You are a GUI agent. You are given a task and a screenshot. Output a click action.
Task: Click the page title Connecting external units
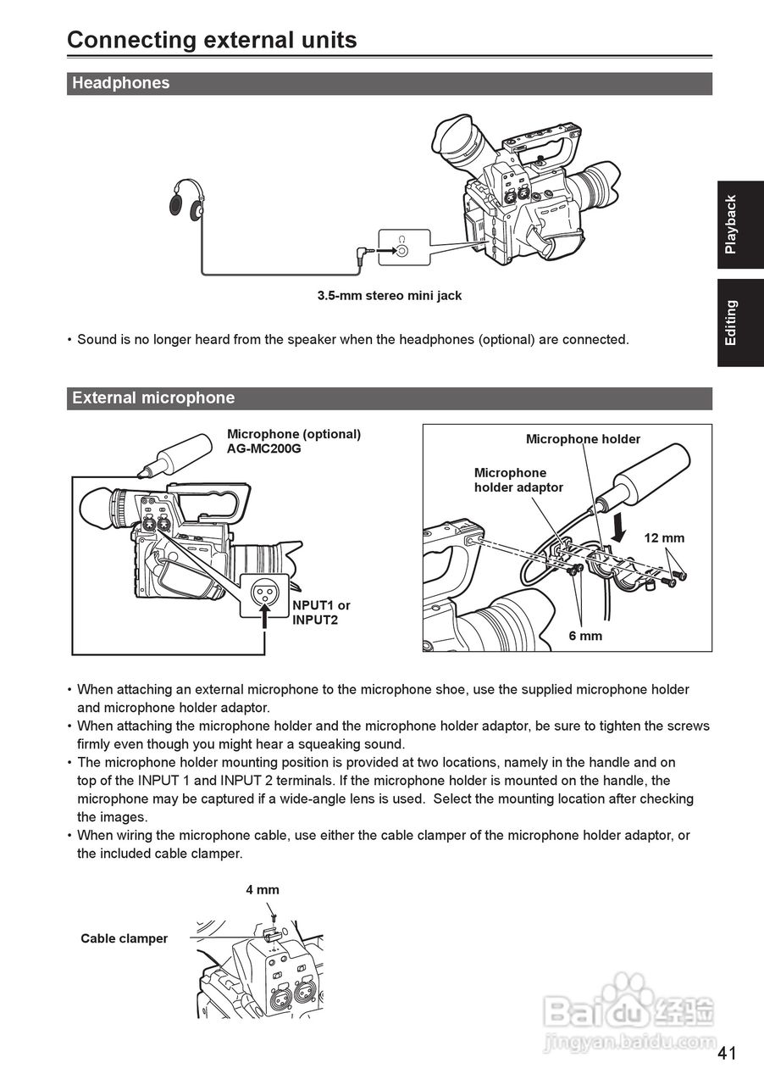click(212, 40)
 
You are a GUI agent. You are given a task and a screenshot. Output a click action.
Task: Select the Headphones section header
click(121, 83)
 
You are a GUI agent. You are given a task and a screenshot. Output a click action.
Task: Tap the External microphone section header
click(153, 398)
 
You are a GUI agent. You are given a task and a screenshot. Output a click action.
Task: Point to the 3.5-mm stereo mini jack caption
click(390, 296)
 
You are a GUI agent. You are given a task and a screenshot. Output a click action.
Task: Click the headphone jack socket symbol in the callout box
click(402, 250)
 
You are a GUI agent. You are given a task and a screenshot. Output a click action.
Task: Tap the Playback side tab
click(731, 225)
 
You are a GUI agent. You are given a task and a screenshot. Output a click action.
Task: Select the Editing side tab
click(731, 323)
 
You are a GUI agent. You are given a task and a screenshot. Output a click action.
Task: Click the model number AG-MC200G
click(263, 448)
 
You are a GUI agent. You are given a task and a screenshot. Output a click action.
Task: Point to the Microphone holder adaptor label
click(518, 480)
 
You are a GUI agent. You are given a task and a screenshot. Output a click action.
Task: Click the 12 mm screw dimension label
click(664, 538)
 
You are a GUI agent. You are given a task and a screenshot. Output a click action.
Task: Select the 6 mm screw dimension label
click(585, 636)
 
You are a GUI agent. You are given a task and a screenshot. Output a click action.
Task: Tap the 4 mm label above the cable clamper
click(263, 890)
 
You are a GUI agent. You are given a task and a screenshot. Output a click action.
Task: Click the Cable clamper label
click(125, 938)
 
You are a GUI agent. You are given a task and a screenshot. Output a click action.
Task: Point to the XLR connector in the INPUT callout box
click(266, 592)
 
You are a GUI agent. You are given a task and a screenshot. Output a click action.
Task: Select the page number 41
click(727, 1054)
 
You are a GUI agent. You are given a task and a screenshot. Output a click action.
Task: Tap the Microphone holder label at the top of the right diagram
click(583, 439)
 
